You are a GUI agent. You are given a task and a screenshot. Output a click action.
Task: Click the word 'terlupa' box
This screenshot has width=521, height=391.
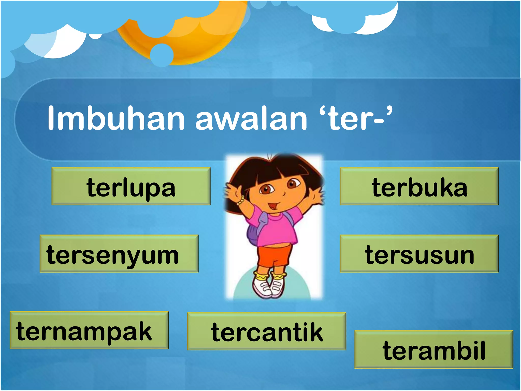[131, 186]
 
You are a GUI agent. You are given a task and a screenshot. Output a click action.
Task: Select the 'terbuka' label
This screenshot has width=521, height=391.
[419, 186]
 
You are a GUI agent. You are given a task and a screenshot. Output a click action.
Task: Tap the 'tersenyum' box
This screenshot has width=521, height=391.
[119, 254]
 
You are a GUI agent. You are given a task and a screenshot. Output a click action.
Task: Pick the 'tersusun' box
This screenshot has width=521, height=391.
[419, 254]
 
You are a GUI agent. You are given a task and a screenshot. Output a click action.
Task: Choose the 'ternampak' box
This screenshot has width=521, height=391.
[89, 330]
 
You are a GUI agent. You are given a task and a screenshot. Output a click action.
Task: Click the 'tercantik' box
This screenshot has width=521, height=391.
[267, 331]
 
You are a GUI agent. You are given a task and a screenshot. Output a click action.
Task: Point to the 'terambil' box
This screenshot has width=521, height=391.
[434, 349]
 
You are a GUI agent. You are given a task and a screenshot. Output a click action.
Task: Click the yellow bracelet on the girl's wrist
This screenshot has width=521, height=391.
[240, 200]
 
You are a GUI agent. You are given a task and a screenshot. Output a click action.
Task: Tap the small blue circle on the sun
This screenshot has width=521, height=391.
[162, 55]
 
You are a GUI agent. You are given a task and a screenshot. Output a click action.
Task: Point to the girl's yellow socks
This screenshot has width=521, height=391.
[271, 276]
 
